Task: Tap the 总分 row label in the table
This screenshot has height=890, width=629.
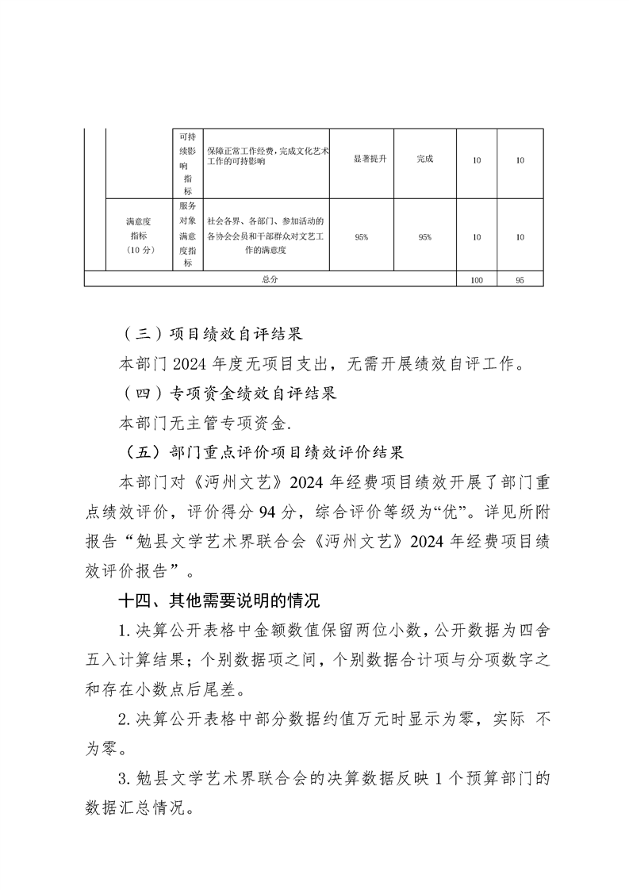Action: click(x=270, y=280)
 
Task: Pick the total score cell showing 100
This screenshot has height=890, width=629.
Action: click(x=477, y=280)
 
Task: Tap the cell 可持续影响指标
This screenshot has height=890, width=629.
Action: click(x=187, y=163)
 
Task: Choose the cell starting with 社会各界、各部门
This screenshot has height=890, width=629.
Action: click(x=267, y=236)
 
